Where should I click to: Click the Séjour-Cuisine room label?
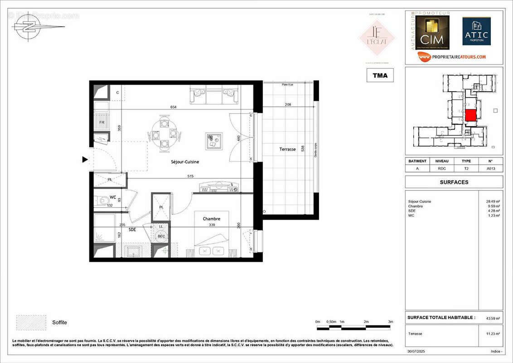pyautogui.click(x=185, y=162)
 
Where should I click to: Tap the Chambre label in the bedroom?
pyautogui.click(x=211, y=219)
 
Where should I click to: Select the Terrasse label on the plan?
pyautogui.click(x=287, y=149)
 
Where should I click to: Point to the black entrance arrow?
pyautogui.click(x=85, y=159)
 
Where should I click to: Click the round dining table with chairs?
pyautogui.click(x=164, y=134)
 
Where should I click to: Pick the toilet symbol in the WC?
pyautogui.click(x=102, y=199)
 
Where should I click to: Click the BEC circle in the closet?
pyautogui.click(x=161, y=236)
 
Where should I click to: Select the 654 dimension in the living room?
pyautogui.click(x=173, y=107)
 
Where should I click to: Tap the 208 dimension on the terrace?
pyautogui.click(x=288, y=104)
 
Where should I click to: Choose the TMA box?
pyautogui.click(x=380, y=75)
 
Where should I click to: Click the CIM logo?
pyautogui.click(x=431, y=33)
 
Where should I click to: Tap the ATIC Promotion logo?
pyautogui.click(x=476, y=32)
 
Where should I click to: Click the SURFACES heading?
pyautogui.click(x=454, y=182)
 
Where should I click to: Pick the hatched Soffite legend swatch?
pyautogui.click(x=31, y=322)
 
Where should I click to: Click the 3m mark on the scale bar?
pyautogui.click(x=390, y=322)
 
